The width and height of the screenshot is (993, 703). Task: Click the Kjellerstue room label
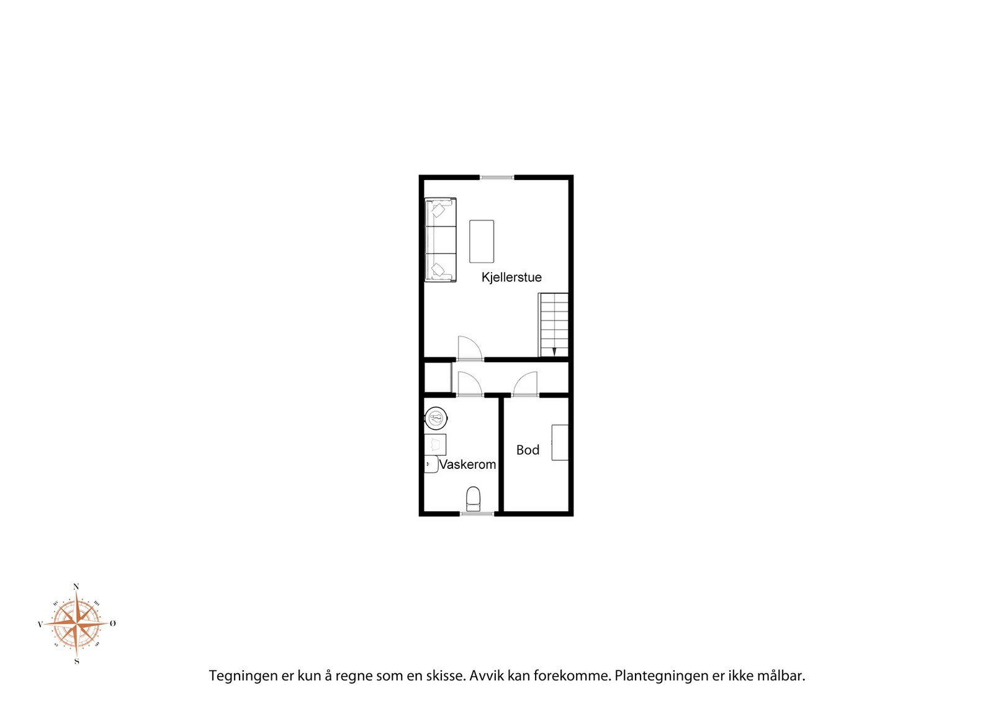pos(511,278)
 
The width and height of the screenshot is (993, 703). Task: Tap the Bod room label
pos(528,450)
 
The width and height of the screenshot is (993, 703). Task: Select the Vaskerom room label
pos(467,465)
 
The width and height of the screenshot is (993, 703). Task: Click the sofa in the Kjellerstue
pos(440,240)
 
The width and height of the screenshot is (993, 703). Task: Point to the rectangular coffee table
pos(482,242)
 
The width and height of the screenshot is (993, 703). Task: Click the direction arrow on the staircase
pos(554,351)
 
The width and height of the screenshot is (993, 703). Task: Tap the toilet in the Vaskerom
pos(474,499)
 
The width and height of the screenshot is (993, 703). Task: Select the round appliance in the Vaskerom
pos(436,418)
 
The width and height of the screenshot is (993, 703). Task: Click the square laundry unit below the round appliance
pos(435,445)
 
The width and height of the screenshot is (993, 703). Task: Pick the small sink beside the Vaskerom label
pos(431,465)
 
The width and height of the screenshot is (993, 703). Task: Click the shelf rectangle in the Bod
pos(560,443)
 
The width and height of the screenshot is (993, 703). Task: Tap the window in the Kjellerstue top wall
pos(497,178)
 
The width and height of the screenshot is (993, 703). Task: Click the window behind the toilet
pos(477,514)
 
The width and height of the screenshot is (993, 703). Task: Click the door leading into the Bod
pos(525,384)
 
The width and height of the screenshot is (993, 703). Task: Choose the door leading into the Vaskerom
pos(470,384)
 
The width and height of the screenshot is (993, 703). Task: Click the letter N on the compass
pos(76,587)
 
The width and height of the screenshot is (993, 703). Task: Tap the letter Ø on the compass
pos(112,624)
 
